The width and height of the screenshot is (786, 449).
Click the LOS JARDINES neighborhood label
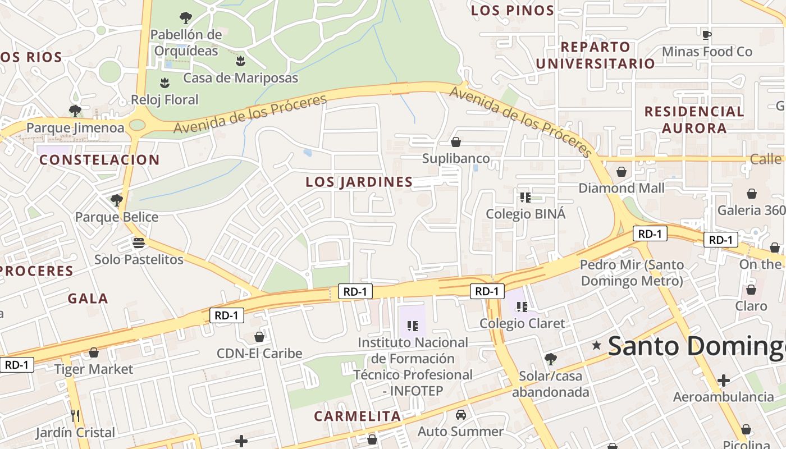point(359,182)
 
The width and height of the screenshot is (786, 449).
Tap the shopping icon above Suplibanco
point(456,142)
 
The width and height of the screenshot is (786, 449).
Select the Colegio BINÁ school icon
point(525,197)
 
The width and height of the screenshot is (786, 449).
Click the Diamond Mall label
point(622,188)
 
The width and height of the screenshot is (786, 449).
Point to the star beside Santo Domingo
point(596,346)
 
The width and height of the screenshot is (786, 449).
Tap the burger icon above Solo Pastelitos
point(139,243)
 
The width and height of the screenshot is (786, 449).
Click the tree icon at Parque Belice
point(117,200)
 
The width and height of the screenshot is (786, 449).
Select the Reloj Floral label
point(164,100)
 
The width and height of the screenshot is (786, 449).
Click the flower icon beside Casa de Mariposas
point(241,61)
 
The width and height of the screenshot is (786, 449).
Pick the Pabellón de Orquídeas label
point(186,43)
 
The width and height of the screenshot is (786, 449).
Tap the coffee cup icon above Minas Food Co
point(707,35)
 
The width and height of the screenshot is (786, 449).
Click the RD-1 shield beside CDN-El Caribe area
point(227,315)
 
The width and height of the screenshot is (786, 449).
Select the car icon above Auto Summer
point(461,415)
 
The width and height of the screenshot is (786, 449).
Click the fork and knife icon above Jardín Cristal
point(75,416)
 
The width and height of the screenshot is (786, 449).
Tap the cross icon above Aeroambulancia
point(724,381)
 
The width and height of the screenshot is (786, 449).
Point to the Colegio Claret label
point(522,323)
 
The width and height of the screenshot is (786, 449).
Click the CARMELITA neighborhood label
point(358,416)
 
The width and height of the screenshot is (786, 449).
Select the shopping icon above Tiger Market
point(94,352)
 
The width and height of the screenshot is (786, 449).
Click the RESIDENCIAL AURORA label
point(694,120)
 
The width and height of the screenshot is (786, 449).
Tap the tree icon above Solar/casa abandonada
point(551,359)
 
